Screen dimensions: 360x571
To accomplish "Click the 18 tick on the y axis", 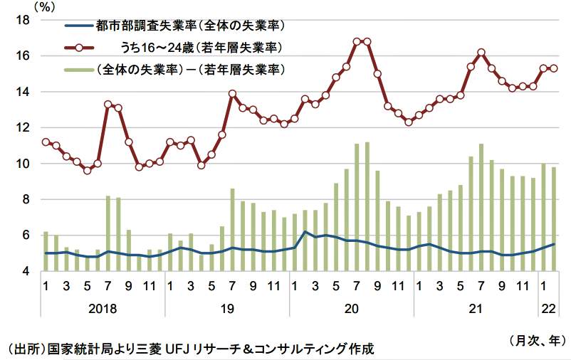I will coord(21,20).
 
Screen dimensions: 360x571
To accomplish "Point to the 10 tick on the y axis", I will coord(21,164).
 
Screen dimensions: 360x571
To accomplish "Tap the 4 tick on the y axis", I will coord(24,271).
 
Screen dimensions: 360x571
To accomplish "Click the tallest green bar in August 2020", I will coord(367,206).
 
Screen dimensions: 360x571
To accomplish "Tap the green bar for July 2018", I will coord(108,233).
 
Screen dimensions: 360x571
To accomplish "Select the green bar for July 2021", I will coord(481,207).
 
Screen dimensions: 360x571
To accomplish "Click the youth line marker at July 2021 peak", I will coord(481,52).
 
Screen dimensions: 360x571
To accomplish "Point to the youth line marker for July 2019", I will coord(232,93).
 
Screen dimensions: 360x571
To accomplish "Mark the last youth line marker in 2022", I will coord(554,68).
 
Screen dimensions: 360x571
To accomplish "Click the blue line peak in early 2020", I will coord(305,232).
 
